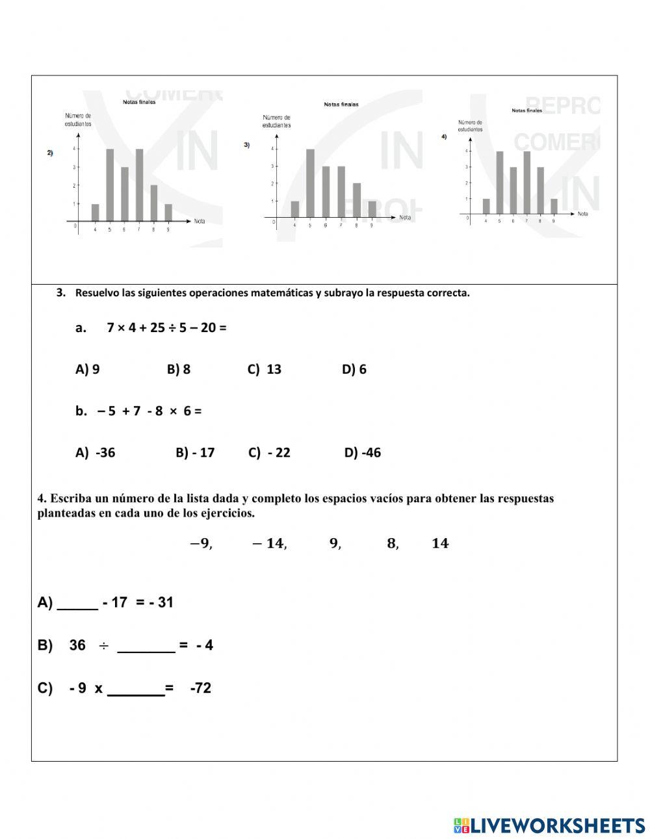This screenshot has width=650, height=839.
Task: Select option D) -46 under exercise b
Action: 363,452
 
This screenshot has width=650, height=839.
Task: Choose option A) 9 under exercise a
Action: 87,369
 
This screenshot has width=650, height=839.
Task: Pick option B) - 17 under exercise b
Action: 195,452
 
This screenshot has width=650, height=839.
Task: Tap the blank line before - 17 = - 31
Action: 77,603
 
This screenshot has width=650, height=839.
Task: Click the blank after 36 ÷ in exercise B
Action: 146,646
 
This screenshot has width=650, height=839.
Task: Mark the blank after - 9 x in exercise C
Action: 136,689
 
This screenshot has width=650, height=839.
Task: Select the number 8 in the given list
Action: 392,543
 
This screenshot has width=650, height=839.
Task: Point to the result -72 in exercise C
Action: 201,688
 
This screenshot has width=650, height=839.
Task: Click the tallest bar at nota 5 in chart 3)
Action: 310,183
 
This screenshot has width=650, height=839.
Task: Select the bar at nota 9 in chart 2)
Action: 168,213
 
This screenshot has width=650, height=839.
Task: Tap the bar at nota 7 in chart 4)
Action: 527,183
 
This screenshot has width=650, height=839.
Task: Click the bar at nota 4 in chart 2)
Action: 96,213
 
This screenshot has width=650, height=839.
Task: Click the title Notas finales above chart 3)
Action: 341,104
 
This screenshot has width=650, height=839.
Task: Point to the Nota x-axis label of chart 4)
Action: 582,213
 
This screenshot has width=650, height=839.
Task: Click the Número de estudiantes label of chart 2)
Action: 78,120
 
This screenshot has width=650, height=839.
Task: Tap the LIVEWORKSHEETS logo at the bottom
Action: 549,825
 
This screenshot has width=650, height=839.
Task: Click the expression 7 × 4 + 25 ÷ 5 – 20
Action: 166,328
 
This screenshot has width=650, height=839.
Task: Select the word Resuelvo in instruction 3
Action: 97,292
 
